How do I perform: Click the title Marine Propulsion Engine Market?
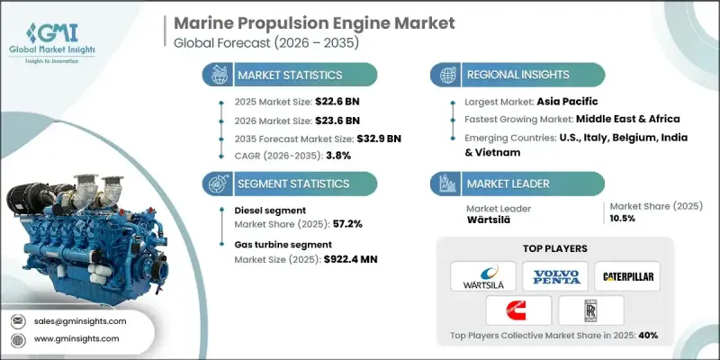tap(307, 22)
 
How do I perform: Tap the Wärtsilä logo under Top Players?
tap(482, 275)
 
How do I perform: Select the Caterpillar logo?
tap(627, 275)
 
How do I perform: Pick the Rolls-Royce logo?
tap(589, 310)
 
